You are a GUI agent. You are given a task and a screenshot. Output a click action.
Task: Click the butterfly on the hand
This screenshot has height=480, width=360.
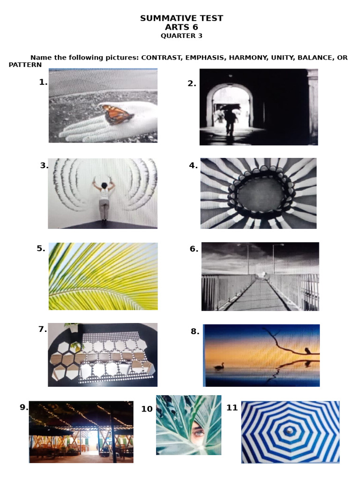[x=118, y=114]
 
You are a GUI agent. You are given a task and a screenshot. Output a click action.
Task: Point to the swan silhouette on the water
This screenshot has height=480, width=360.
[x=219, y=367]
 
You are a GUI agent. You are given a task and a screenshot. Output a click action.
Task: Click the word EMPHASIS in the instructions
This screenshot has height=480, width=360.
[x=204, y=58]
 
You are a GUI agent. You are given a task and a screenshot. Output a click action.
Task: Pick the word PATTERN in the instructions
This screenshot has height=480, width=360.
[x=25, y=65]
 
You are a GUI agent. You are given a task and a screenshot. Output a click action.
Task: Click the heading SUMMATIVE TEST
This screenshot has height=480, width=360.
[x=181, y=18]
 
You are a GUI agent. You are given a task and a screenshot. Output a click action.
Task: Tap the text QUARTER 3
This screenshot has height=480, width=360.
[x=181, y=36]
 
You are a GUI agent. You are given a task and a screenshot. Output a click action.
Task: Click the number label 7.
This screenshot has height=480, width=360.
[x=43, y=329]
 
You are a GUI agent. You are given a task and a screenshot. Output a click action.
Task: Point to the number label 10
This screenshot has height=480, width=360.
[x=147, y=409]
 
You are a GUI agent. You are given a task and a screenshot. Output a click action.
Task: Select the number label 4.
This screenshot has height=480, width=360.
[x=193, y=165]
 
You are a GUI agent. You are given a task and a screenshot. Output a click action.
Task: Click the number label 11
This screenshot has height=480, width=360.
[x=232, y=408]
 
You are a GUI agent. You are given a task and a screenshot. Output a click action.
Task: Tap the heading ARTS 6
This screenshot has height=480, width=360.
[x=181, y=27]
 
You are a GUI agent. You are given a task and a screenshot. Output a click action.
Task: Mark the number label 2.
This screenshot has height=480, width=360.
[x=192, y=83]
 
